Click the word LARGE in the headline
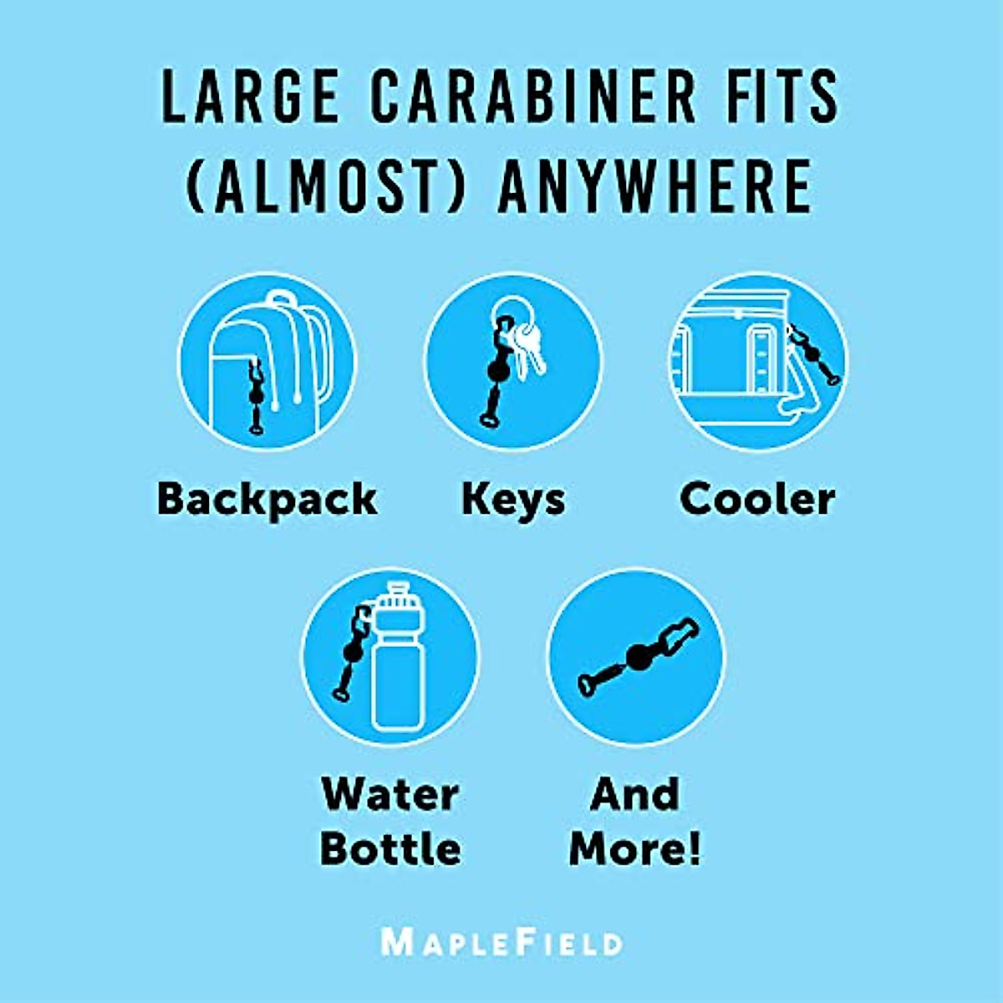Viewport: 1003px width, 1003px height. (x=250, y=97)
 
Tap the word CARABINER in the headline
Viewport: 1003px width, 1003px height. (x=533, y=97)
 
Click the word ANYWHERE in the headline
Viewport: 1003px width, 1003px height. (x=654, y=185)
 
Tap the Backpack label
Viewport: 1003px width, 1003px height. (x=267, y=499)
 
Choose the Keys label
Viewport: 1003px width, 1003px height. (x=513, y=499)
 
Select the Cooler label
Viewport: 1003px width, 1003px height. (x=757, y=499)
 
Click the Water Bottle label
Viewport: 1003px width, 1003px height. (x=390, y=821)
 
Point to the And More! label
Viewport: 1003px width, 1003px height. (x=635, y=821)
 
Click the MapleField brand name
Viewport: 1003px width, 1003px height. (x=501, y=942)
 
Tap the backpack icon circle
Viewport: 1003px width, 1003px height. (x=267, y=362)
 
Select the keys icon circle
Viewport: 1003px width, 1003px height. (x=513, y=362)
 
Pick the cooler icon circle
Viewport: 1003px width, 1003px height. (x=757, y=362)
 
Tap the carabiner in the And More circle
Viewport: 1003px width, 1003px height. (x=639, y=658)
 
